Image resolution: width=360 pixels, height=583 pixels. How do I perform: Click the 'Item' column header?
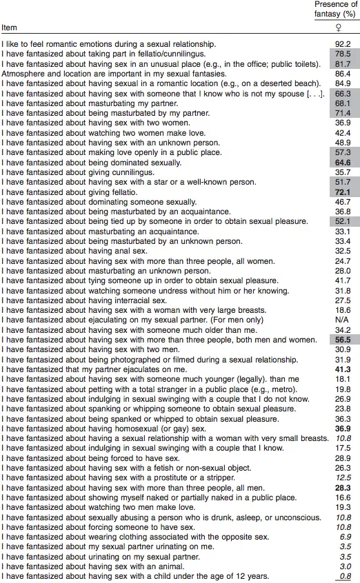click(9, 28)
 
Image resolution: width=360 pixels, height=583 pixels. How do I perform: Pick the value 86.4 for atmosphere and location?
click(343, 72)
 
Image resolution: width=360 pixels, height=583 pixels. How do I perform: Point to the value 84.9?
click(343, 82)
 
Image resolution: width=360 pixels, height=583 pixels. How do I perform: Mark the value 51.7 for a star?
click(343, 181)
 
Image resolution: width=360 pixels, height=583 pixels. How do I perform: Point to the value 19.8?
click(343, 389)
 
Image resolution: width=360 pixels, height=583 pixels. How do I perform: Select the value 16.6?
click(343, 495)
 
